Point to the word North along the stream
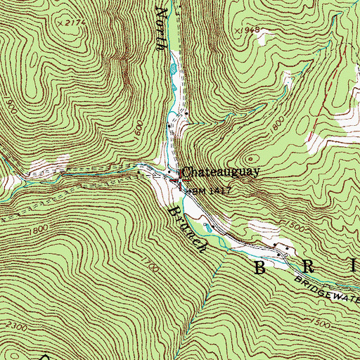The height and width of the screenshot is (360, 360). tap(162, 28)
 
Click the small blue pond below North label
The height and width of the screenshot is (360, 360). tap(172, 69)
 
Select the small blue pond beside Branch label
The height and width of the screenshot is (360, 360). tap(207, 226)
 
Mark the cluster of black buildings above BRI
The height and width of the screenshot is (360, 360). tap(283, 250)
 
